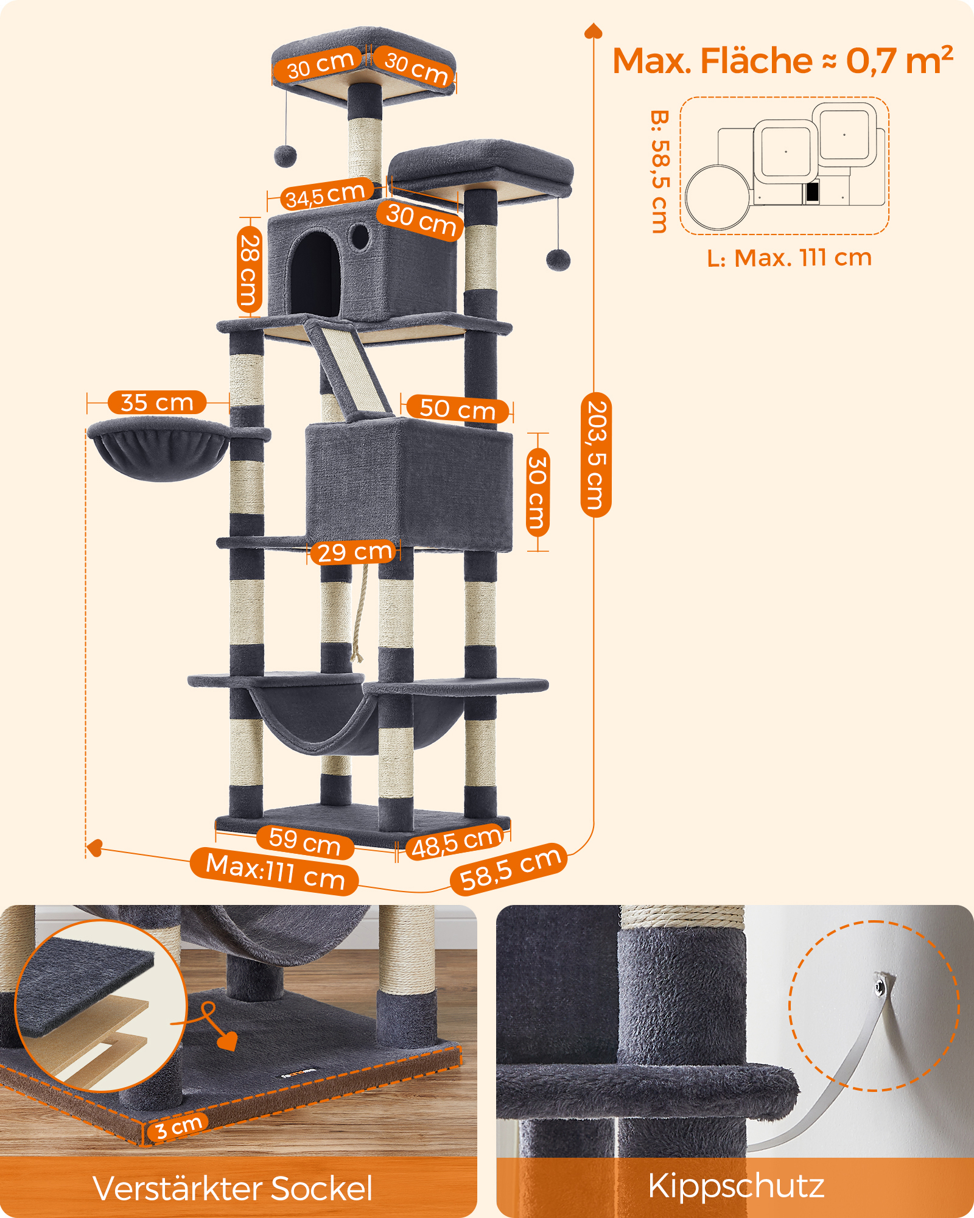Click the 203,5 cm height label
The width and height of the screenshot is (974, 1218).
pyautogui.click(x=596, y=455)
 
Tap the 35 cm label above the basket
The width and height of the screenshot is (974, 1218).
pyautogui.click(x=157, y=403)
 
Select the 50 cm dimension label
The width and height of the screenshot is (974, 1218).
pyautogui.click(x=457, y=409)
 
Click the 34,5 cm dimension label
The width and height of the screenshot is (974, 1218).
pyautogui.click(x=326, y=194)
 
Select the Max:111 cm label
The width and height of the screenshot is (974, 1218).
pyautogui.click(x=275, y=871)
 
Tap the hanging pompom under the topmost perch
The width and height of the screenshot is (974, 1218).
pyautogui.click(x=285, y=155)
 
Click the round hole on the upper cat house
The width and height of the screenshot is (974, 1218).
pyautogui.click(x=360, y=236)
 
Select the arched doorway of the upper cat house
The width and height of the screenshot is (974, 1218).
pyautogui.click(x=314, y=273)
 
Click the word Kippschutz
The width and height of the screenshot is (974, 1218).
pyautogui.click(x=736, y=1186)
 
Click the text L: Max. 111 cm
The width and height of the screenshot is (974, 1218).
pyautogui.click(x=790, y=258)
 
